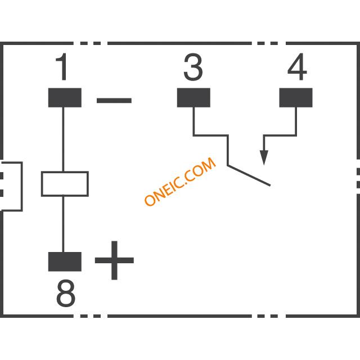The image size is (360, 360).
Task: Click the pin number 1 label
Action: pyautogui.click(x=62, y=67)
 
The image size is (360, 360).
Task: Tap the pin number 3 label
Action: pyautogui.click(x=193, y=67)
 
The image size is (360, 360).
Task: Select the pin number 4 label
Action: pyautogui.click(x=297, y=67)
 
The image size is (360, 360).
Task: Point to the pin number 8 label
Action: pyautogui.click(x=66, y=293)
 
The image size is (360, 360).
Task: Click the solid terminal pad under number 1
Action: pyautogui.click(x=65, y=97)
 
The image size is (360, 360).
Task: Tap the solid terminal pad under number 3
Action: pyautogui.click(x=193, y=97)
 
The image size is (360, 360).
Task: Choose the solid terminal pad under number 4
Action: pyautogui.click(x=296, y=97)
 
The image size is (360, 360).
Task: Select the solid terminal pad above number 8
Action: pyautogui.click(x=65, y=262)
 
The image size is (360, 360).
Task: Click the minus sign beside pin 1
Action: pyautogui.click(x=114, y=100)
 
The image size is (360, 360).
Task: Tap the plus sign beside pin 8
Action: pyautogui.click(x=114, y=260)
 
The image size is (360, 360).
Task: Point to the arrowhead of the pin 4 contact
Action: pyautogui.click(x=264, y=157)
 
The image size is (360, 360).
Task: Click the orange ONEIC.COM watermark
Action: pyautogui.click(x=180, y=181)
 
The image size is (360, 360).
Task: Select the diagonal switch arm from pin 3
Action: pyautogui.click(x=249, y=175)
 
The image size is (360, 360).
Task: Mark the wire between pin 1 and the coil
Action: pyautogui.click(x=63, y=139)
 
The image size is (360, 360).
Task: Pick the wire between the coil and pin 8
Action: pyautogui.click(x=63, y=224)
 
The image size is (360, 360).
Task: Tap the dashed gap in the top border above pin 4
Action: pyautogui.click(x=269, y=43)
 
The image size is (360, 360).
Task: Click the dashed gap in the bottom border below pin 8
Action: pyautogui.click(x=91, y=316)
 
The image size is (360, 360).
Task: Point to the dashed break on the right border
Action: pyautogui.click(x=358, y=177)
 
